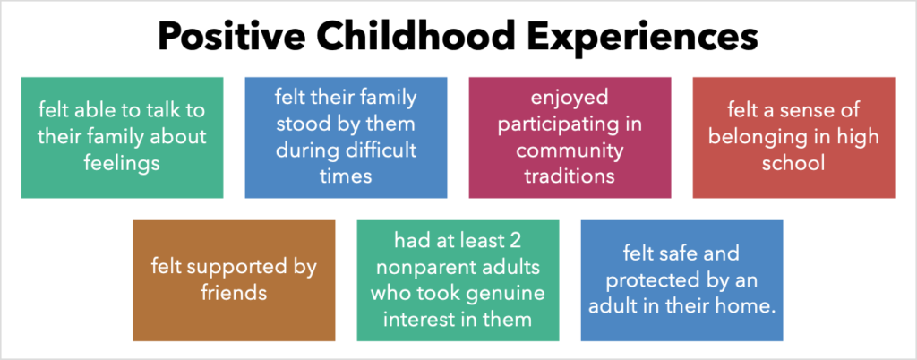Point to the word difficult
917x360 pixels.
point(377,150)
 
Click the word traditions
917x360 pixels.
point(570,175)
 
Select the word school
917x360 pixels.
point(793,164)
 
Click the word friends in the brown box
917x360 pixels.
point(234,292)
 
